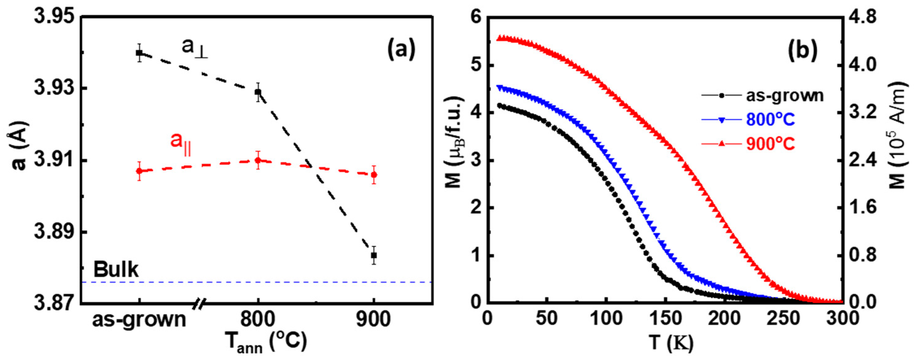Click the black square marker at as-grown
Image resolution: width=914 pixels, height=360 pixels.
point(140,53)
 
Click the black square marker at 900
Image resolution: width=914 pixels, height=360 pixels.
point(374,255)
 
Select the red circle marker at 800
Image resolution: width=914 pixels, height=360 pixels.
point(258,160)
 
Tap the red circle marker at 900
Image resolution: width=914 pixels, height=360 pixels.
point(374,174)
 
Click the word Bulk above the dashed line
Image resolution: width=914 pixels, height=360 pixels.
point(116,270)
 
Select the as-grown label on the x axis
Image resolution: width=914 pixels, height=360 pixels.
point(140,320)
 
